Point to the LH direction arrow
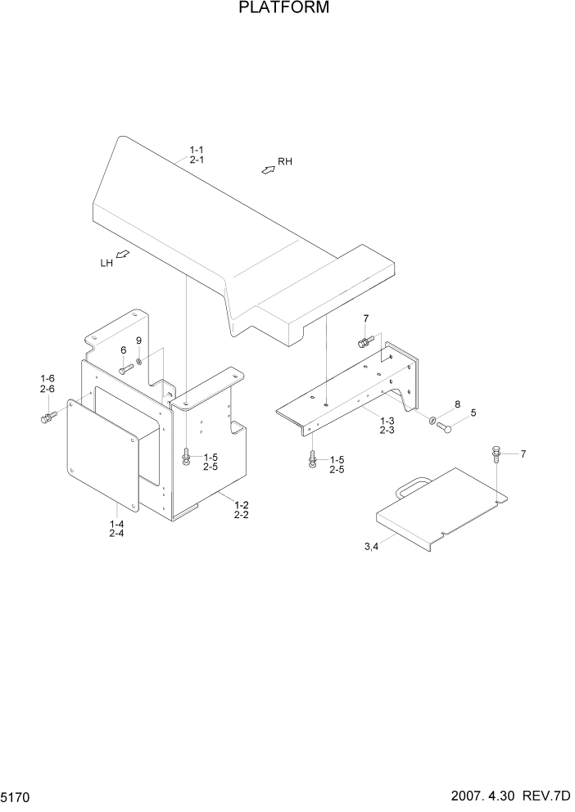coord(123,255)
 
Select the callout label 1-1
coord(197,150)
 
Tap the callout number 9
coord(138,341)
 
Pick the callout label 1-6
coord(48,378)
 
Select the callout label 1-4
coord(116,523)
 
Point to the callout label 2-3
coord(387,430)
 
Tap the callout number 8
coord(458,404)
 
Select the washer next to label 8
coord(432,421)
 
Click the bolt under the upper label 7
coord(364,341)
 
